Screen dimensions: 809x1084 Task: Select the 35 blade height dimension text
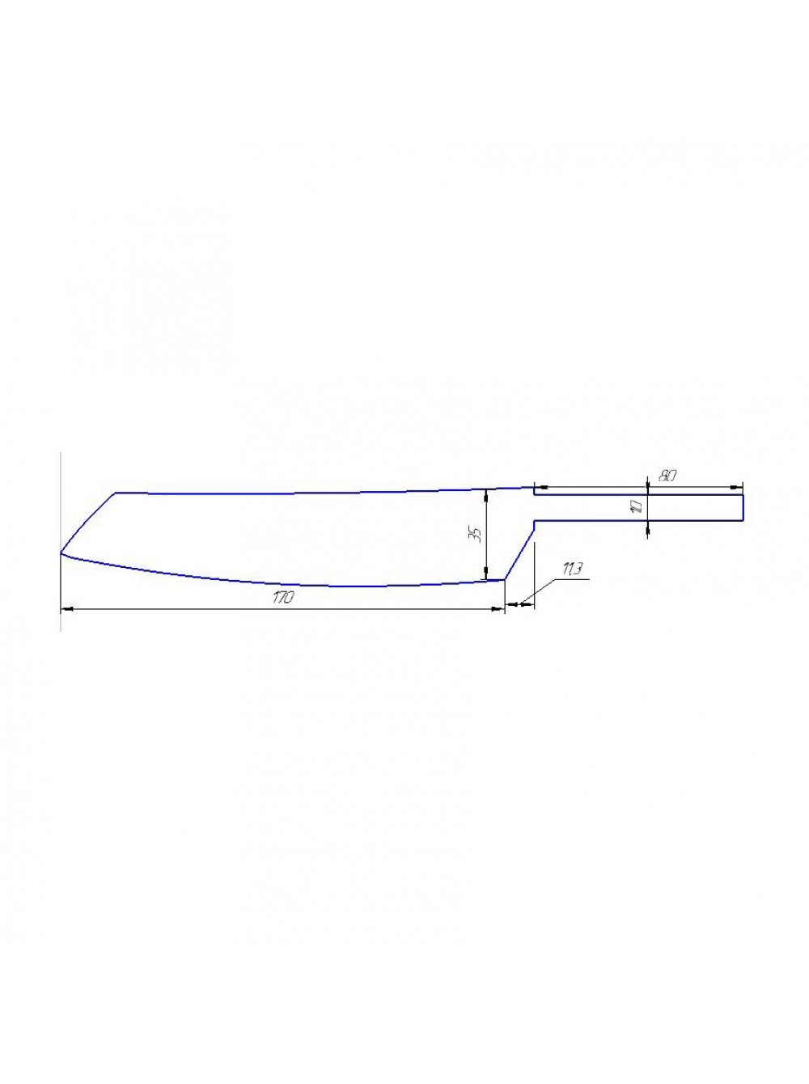tap(477, 535)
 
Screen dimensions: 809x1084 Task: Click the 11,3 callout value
tap(570, 570)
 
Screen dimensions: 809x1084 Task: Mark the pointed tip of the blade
tap(61, 553)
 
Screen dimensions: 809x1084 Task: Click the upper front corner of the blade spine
tap(116, 493)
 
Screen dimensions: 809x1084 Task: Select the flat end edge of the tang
tap(743, 507)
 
